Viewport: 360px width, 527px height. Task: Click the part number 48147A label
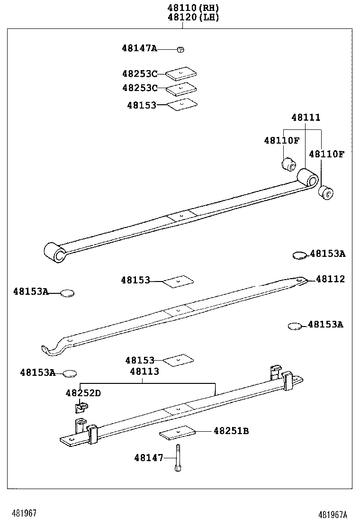pos(139,48)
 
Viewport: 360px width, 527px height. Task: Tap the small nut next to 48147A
pos(180,49)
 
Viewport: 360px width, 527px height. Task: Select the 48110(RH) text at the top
pos(193,8)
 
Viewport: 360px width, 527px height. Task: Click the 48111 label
pos(306,117)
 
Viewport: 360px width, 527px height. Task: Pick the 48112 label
pos(330,279)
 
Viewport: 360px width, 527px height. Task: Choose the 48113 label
pos(144,372)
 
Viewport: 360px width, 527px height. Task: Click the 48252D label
pos(83,393)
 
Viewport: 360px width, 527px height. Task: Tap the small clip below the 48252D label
pos(81,407)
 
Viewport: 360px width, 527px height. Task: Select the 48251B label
pos(231,431)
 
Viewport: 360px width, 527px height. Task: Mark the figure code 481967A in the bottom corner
pos(333,515)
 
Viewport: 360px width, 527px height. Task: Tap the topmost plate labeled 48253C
pos(181,73)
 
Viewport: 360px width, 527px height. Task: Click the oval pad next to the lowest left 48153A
pos(70,373)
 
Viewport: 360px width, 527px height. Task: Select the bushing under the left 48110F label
pos(288,165)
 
